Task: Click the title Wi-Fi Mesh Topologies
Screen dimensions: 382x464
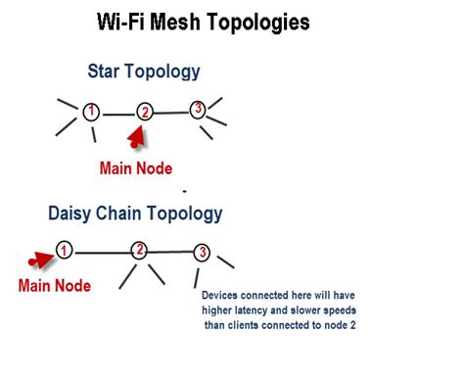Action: click(204, 23)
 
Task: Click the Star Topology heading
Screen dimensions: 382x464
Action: click(144, 71)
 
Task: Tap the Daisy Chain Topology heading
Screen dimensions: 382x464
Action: click(135, 213)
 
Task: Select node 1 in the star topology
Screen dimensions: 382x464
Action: click(91, 111)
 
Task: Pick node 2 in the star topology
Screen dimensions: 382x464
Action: click(145, 113)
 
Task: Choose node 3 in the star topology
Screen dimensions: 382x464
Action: click(198, 109)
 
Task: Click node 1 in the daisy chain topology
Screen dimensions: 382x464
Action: click(64, 250)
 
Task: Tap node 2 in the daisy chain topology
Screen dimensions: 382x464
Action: click(140, 250)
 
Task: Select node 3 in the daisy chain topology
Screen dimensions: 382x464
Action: click(202, 252)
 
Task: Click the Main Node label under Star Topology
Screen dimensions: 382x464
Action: click(135, 167)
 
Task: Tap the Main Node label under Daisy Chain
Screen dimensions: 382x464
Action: click(55, 286)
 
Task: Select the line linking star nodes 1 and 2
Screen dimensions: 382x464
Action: click(117, 113)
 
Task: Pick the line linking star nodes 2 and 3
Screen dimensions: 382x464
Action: click(171, 112)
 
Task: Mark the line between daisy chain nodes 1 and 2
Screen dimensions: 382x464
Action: click(102, 251)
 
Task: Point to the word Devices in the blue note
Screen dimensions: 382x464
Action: click(221, 295)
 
